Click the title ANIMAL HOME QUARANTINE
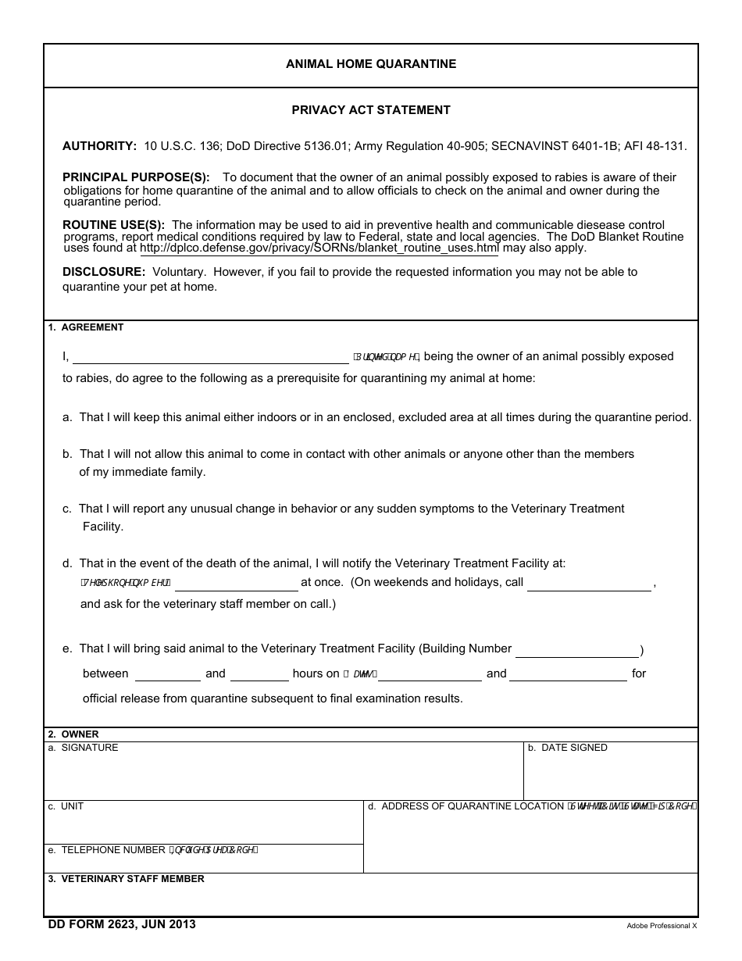coord(371,64)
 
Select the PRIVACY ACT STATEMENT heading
coord(371,110)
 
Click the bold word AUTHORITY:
coord(99,146)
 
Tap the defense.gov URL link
coord(319,248)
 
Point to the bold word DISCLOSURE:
coord(104,272)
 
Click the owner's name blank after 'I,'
coord(211,357)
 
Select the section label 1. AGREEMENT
coord(86,327)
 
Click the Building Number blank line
coord(576,650)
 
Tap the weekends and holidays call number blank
coord(589,584)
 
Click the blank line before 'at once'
coord(237,584)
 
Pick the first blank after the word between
coord(168,674)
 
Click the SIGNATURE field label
coord(89,748)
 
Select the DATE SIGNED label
coord(573,748)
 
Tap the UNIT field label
coord(72,806)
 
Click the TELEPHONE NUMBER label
coord(113,850)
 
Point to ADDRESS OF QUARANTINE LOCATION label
coord(472,806)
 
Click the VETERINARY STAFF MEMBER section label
coord(132,879)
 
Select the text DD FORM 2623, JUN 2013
coord(122,925)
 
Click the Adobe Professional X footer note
coord(661,926)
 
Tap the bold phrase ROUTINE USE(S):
coord(113,225)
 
